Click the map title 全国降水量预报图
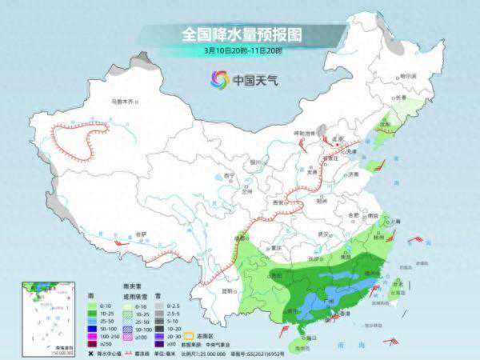point(238,34)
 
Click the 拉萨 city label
point(142,234)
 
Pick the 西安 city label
point(278,203)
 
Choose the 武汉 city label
point(324,233)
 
